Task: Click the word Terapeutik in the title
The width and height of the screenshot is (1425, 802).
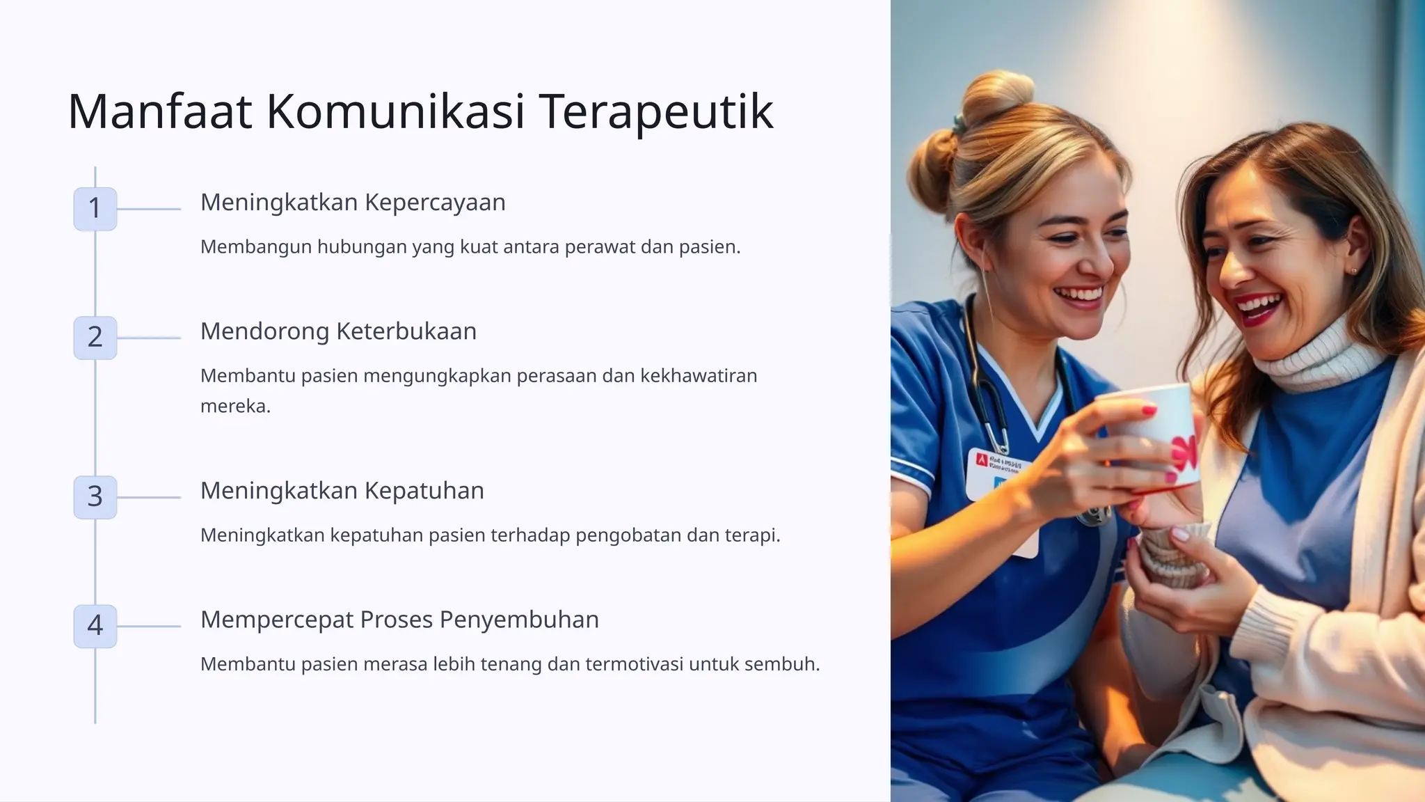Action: coord(655,111)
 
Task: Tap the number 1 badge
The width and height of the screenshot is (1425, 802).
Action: coord(95,208)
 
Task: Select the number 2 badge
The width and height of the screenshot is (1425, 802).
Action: coord(95,337)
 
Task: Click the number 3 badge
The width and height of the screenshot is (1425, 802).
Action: coord(95,496)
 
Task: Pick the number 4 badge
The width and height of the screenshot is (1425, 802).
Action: coord(95,625)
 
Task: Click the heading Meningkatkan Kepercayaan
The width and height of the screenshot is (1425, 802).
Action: coord(353,203)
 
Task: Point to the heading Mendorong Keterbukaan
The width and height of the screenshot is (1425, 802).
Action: coord(338,331)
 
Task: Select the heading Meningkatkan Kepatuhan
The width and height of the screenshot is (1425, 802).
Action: coord(342,491)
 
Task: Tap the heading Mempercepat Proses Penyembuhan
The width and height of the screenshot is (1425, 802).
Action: coord(399,620)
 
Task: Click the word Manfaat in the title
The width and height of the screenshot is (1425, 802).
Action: coord(159,111)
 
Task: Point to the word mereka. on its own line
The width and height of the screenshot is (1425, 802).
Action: coord(235,407)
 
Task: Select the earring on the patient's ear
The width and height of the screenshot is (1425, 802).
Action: coord(1353,270)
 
